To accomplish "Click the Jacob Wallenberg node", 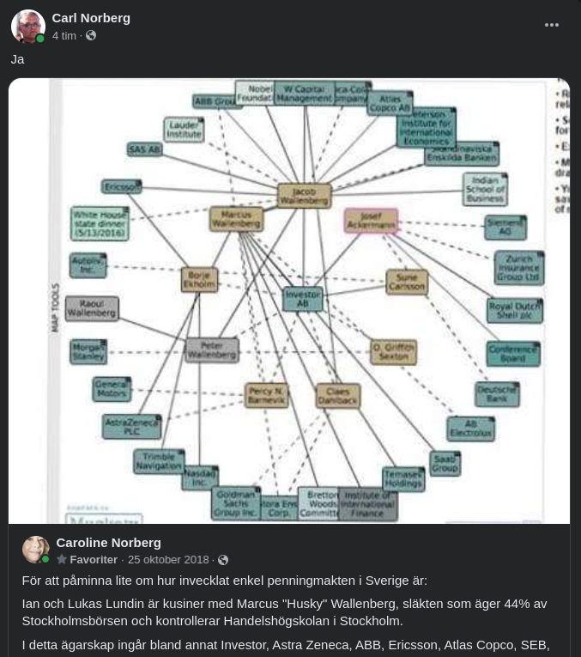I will click(x=304, y=195).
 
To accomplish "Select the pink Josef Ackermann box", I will click(x=371, y=221).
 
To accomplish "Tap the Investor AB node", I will click(x=302, y=298).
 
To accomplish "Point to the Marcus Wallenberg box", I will click(x=236, y=218).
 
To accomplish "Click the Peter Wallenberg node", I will click(x=212, y=350).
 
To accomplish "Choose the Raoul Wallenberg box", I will click(x=91, y=308).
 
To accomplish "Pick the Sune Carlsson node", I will click(x=407, y=282).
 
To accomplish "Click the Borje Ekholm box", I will click(x=199, y=279).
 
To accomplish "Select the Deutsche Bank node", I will click(x=497, y=393).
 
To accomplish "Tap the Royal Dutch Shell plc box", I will click(x=515, y=310).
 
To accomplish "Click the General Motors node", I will click(x=112, y=389).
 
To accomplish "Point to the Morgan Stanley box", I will click(x=92, y=351).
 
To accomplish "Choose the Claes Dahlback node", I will click(x=338, y=395).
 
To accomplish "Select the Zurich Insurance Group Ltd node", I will click(x=518, y=267).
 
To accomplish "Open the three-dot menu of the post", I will click(x=552, y=25).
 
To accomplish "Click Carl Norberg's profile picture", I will click(x=27, y=27).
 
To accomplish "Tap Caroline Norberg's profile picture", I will click(x=35, y=550).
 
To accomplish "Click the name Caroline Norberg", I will click(x=108, y=542).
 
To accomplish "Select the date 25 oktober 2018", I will click(x=168, y=560).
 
